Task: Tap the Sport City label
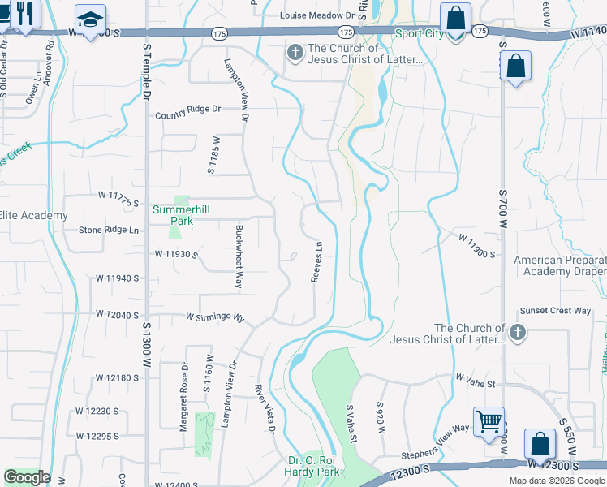[x=419, y=33]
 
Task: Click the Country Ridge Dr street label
[x=188, y=109]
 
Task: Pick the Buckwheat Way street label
[x=239, y=256]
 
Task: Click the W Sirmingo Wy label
[x=215, y=317]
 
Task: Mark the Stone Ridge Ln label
[x=109, y=230]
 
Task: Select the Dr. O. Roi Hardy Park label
[x=313, y=466]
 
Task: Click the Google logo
[x=27, y=477]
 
